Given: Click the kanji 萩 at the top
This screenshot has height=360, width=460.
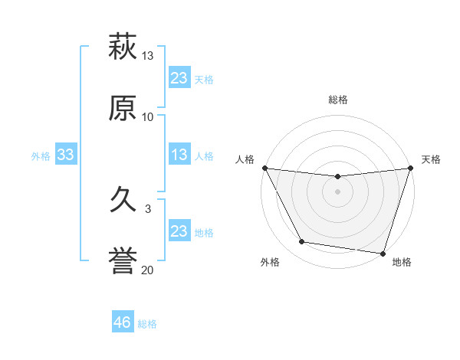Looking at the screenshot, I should [x=123, y=47].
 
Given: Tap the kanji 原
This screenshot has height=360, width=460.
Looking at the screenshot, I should [x=123, y=108].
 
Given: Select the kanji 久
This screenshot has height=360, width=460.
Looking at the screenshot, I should [x=123, y=201].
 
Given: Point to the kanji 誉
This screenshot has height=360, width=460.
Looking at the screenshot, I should [x=123, y=261].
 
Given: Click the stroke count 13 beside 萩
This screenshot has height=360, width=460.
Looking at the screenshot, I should [x=148, y=56].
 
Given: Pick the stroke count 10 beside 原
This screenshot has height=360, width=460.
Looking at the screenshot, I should [x=148, y=116].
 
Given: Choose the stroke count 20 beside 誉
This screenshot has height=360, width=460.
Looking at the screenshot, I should [x=148, y=270].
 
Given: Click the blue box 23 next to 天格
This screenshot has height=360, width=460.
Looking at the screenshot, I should [x=179, y=78].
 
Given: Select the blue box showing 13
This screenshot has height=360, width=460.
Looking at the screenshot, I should [x=179, y=155].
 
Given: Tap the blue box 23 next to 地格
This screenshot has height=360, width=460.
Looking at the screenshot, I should [x=179, y=231].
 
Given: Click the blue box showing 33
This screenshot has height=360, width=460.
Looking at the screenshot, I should [x=66, y=155].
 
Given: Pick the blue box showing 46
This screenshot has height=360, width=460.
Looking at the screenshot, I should [x=123, y=322].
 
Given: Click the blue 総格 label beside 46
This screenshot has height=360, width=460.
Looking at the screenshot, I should [x=147, y=324].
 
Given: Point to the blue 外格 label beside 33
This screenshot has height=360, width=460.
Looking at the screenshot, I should [x=41, y=156].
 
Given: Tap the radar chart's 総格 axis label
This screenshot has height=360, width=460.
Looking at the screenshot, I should [x=337, y=100].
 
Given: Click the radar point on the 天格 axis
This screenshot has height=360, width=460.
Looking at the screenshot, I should [x=410, y=169].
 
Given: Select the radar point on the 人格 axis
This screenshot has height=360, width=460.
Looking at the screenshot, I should [x=264, y=168].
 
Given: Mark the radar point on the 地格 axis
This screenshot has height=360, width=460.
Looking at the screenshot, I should [x=383, y=253].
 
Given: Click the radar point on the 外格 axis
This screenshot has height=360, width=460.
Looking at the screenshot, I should [x=302, y=242].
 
